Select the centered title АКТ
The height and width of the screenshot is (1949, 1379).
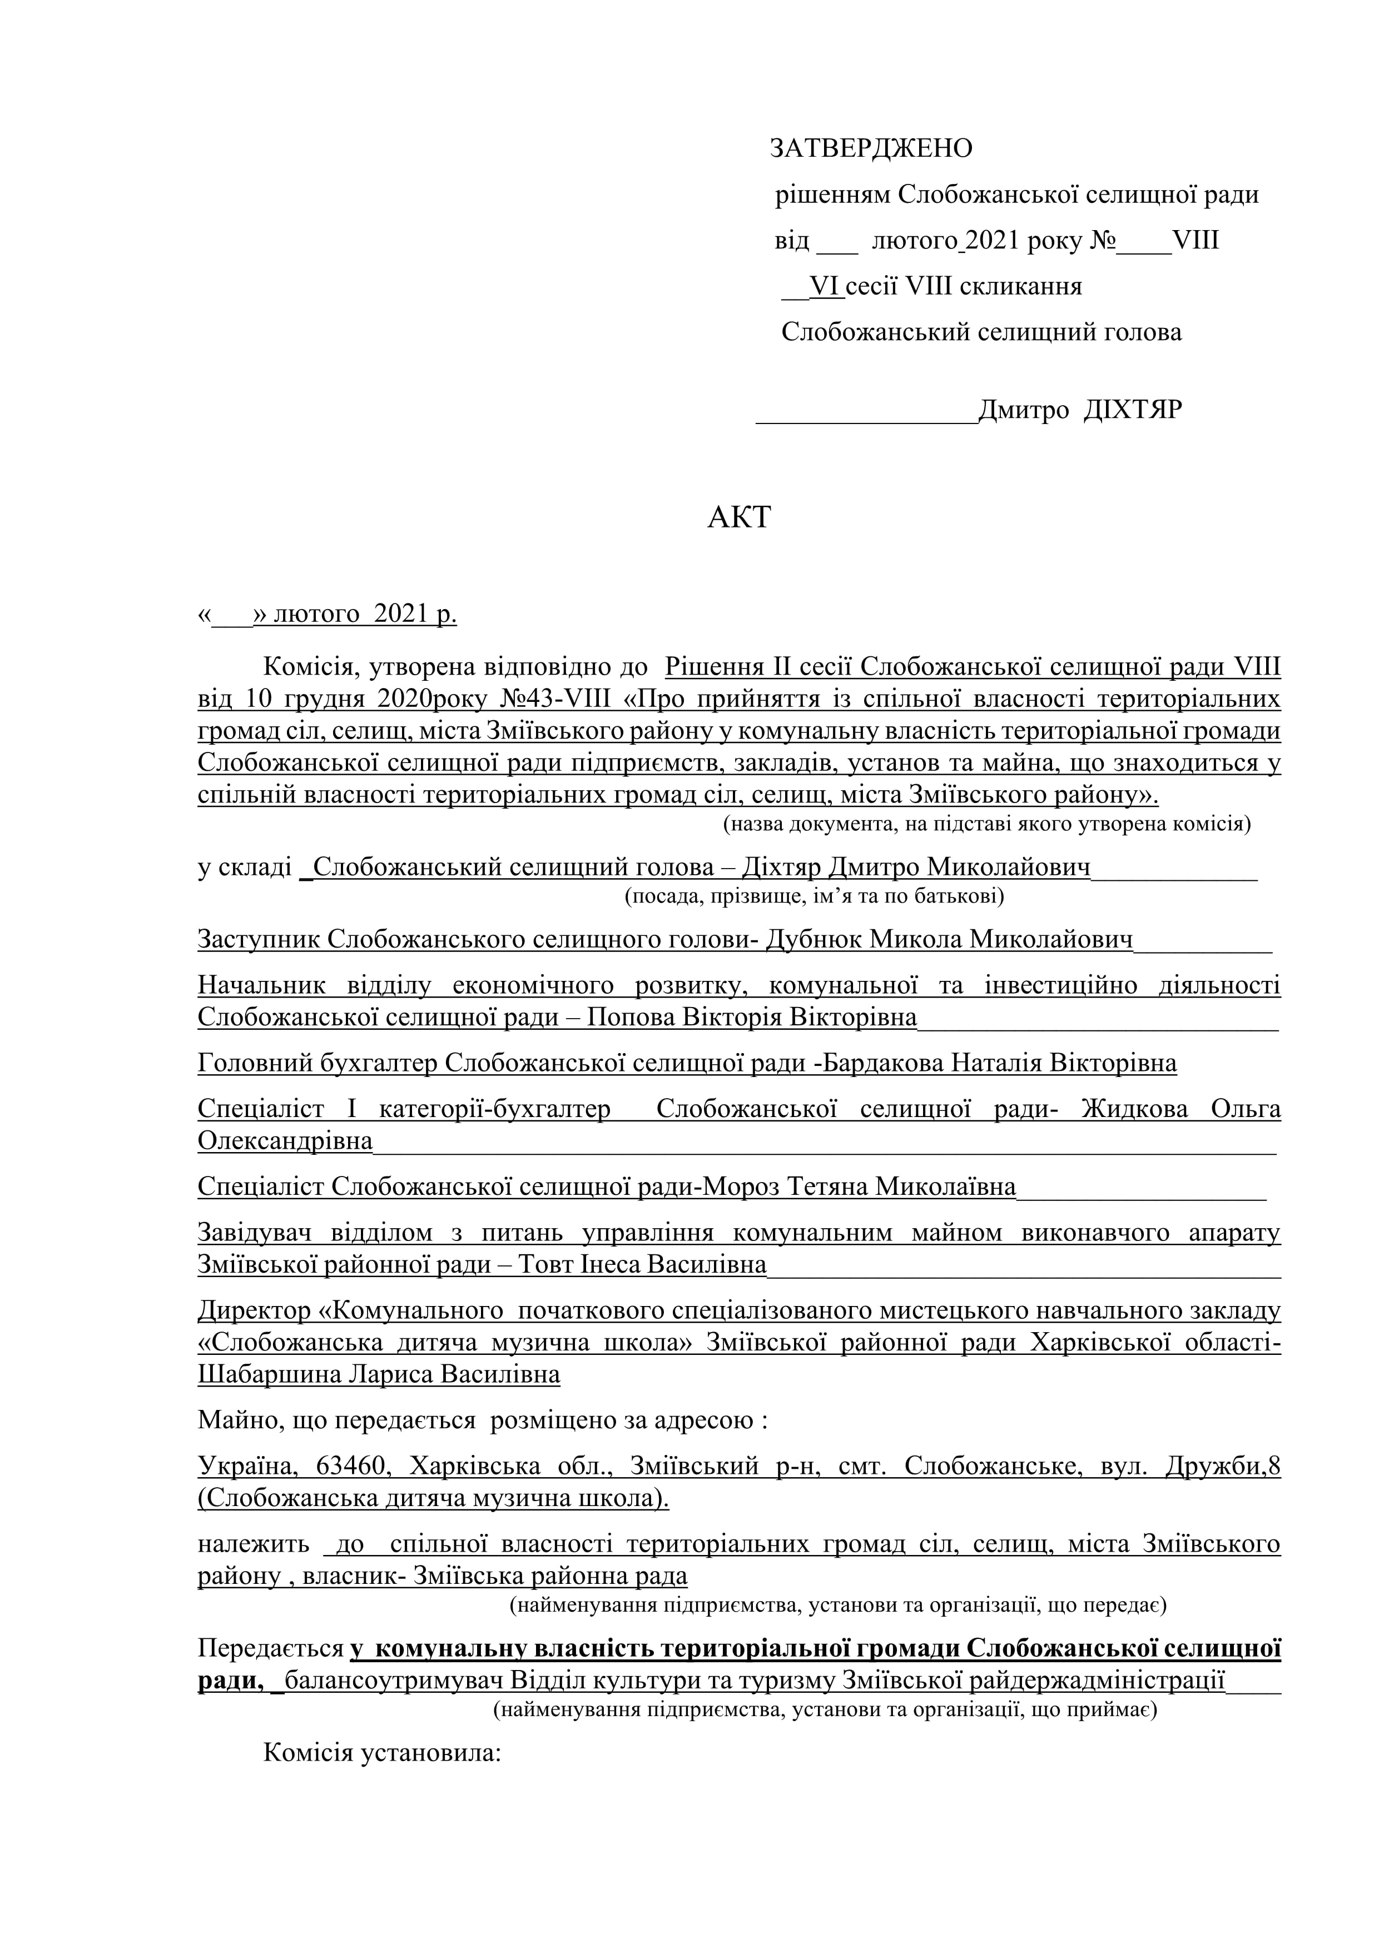[739, 517]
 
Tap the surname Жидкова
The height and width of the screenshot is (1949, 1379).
[1134, 1109]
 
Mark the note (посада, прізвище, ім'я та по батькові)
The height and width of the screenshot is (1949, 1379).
[814, 895]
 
